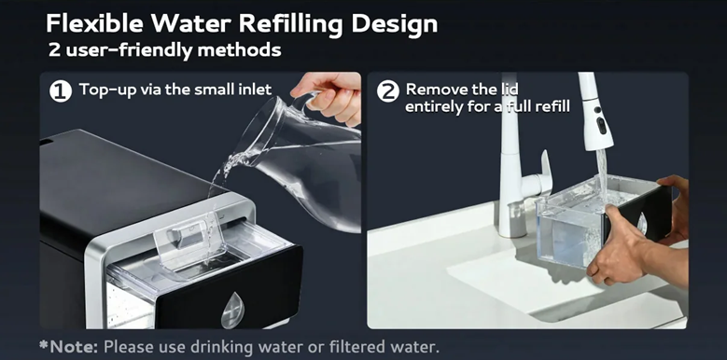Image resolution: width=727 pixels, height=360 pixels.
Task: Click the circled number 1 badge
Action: [x=61, y=90]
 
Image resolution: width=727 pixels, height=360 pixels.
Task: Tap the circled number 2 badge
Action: [x=388, y=90]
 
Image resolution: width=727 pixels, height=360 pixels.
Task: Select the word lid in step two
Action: [x=509, y=89]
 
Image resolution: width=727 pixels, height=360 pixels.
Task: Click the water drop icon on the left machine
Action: [x=232, y=310]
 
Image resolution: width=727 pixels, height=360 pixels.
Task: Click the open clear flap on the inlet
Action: [x=189, y=240]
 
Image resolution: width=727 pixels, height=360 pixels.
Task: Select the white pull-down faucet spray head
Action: [x=595, y=111]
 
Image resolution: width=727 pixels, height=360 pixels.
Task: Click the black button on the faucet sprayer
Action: [x=602, y=126]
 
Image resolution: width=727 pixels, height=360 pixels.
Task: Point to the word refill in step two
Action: [x=553, y=107]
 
